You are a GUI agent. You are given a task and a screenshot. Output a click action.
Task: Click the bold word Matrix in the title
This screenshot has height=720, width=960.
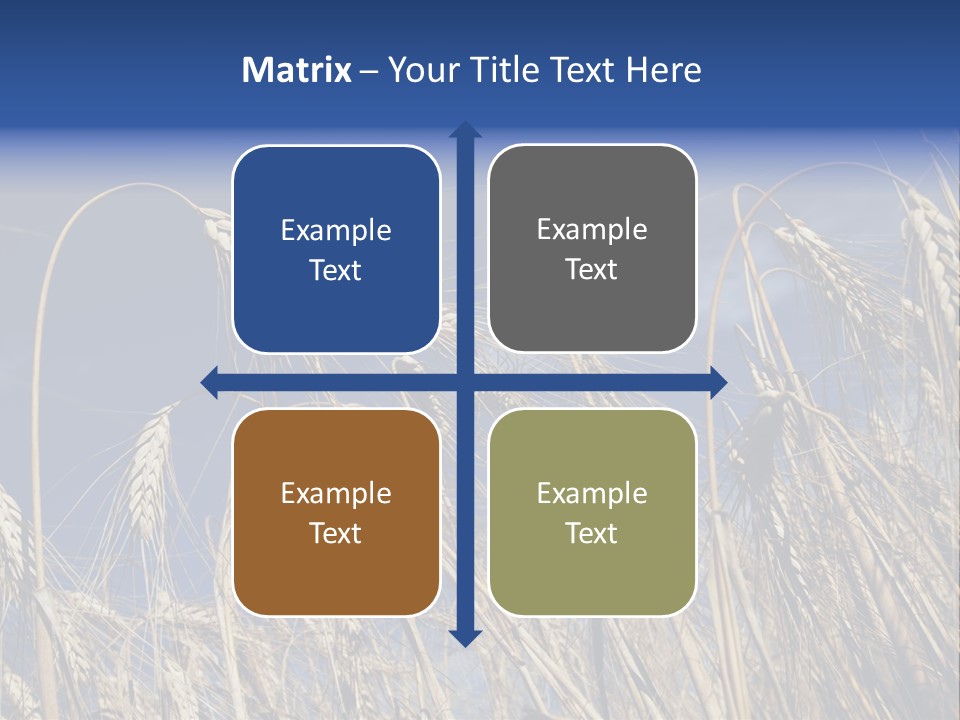point(297,70)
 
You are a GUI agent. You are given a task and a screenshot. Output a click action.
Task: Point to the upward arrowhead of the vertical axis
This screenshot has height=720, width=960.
point(465,129)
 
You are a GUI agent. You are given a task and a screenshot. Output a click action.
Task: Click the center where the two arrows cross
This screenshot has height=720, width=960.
point(465,382)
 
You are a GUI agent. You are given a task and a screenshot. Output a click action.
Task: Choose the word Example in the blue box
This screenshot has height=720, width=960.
point(336,231)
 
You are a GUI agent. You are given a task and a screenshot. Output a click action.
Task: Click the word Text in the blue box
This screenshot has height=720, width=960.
point(336,270)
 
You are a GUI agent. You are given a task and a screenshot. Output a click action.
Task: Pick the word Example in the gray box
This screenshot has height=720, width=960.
point(592,230)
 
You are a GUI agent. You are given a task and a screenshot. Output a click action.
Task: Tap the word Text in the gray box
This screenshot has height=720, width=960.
point(592,269)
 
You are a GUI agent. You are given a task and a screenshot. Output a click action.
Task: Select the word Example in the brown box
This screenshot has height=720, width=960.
point(336,494)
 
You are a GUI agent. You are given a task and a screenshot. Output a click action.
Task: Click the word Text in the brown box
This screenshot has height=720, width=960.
point(336,533)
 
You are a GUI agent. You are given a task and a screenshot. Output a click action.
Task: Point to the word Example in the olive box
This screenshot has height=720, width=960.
point(592,494)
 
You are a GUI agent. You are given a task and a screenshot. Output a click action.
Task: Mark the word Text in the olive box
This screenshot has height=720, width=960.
point(592,533)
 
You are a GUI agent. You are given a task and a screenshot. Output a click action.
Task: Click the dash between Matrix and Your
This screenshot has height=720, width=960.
point(369,71)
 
